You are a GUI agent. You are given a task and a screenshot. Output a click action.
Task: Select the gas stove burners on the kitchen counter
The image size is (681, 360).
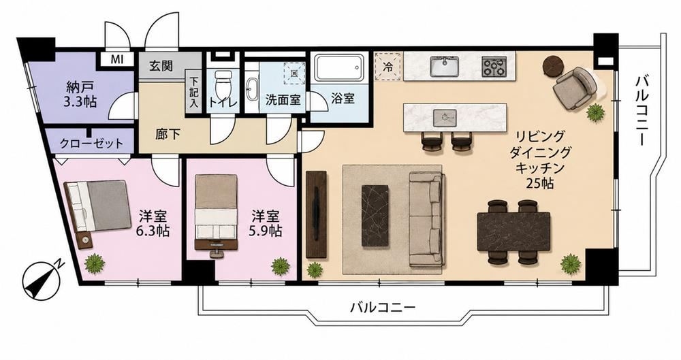tap(494, 67)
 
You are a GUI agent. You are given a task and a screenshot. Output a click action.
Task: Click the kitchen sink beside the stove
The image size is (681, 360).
tap(445, 67)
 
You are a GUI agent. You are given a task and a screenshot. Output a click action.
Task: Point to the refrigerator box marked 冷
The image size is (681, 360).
tap(388, 67)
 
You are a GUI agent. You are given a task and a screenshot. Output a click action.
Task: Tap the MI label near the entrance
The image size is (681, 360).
tap(116, 59)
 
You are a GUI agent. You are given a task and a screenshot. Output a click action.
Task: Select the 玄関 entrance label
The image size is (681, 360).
tap(161, 66)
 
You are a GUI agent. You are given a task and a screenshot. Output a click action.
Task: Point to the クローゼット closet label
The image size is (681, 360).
tap(91, 143)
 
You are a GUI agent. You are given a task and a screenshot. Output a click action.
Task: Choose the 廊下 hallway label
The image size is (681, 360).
tap(168, 134)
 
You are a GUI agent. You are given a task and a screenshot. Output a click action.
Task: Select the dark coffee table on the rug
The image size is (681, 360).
tap(375, 216)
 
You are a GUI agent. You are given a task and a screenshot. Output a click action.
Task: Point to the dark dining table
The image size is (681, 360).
tap(513, 231)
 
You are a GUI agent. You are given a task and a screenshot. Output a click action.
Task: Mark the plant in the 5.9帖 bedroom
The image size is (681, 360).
tap(281, 266)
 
